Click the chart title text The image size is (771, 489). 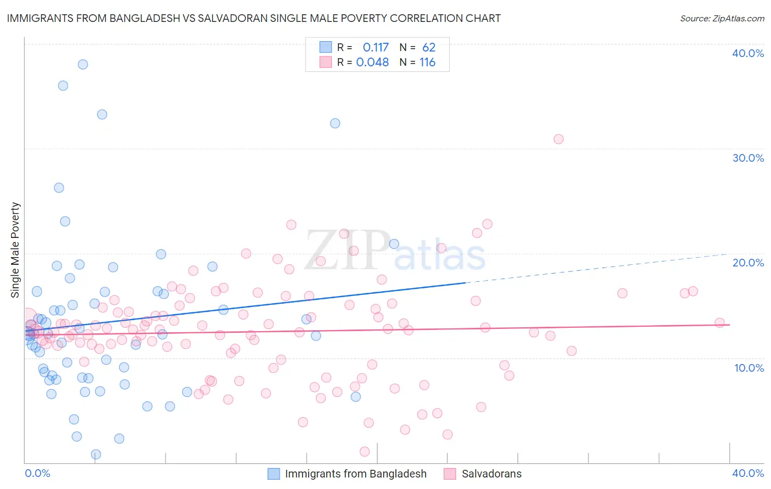253,18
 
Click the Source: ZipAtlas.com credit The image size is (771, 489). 722,18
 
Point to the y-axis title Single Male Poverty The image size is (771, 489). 15,250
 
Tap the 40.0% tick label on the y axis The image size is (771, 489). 748,53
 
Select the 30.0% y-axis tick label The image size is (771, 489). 748,158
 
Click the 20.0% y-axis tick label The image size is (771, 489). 748,263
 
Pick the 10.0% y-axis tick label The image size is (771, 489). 748,368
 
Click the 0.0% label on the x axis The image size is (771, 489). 37,473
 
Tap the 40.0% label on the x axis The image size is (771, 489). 748,473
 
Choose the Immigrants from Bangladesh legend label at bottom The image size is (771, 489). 355,474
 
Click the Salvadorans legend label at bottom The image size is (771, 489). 491,474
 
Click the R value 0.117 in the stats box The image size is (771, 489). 376,48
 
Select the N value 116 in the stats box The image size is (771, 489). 427,62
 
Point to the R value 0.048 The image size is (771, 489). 373,62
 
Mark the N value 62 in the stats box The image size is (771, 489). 428,48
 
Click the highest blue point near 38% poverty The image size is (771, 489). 83,64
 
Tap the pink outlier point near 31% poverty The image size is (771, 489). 558,139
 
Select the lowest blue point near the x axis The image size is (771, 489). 96,454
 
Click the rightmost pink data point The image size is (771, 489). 719,323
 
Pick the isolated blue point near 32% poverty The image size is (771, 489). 335,123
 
